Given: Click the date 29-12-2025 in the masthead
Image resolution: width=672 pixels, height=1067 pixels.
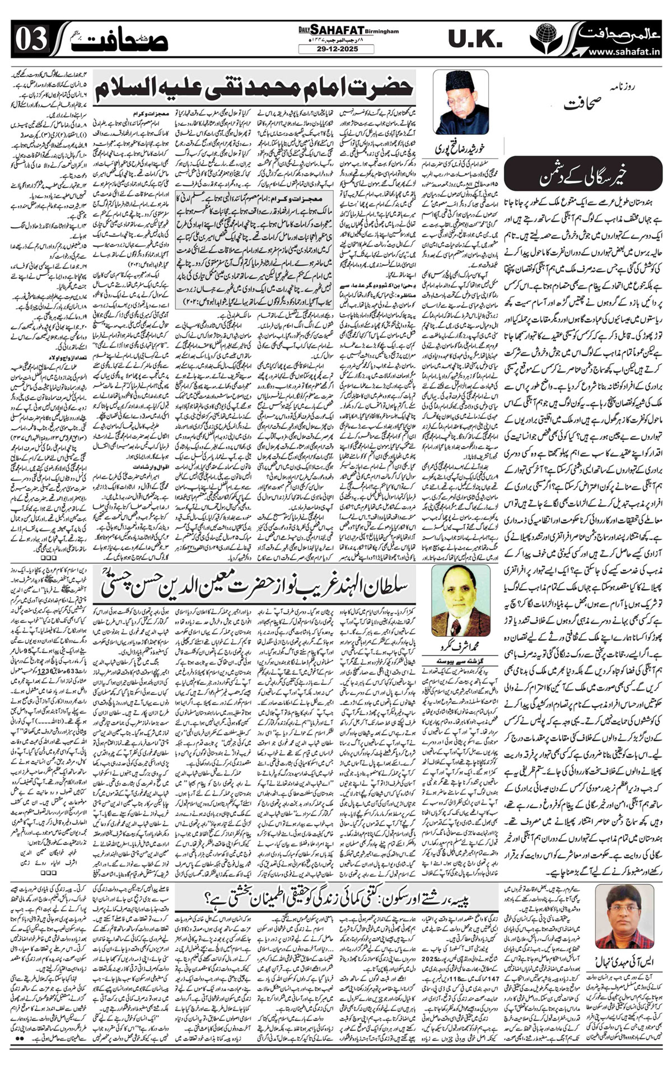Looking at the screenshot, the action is [x=335, y=49].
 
